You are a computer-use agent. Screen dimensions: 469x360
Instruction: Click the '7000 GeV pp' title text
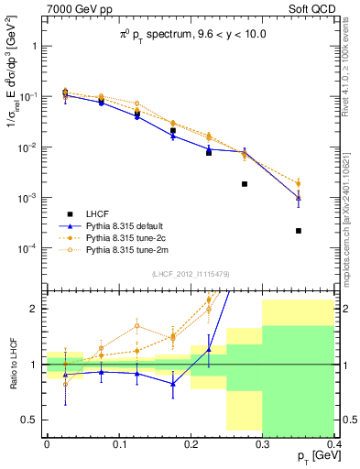[x=71, y=10]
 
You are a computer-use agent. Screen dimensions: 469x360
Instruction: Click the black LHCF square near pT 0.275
[x=245, y=184]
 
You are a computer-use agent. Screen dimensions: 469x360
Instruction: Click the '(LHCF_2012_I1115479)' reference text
[x=191, y=274]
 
